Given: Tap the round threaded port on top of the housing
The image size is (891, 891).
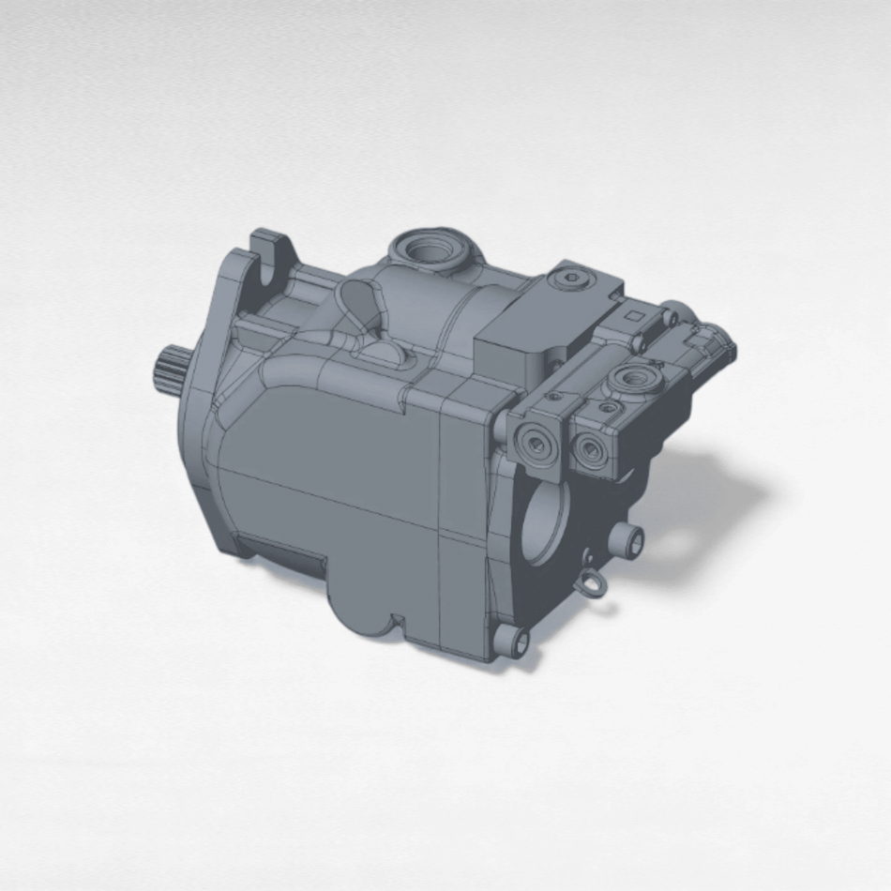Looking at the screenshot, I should coord(430,249).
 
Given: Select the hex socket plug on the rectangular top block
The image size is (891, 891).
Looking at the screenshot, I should coord(573,278).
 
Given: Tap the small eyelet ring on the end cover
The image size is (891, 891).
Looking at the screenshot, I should coord(590,585).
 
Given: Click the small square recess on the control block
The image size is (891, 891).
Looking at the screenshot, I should coord(639,316).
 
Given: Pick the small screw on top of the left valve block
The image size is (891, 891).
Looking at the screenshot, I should coord(556,397).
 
